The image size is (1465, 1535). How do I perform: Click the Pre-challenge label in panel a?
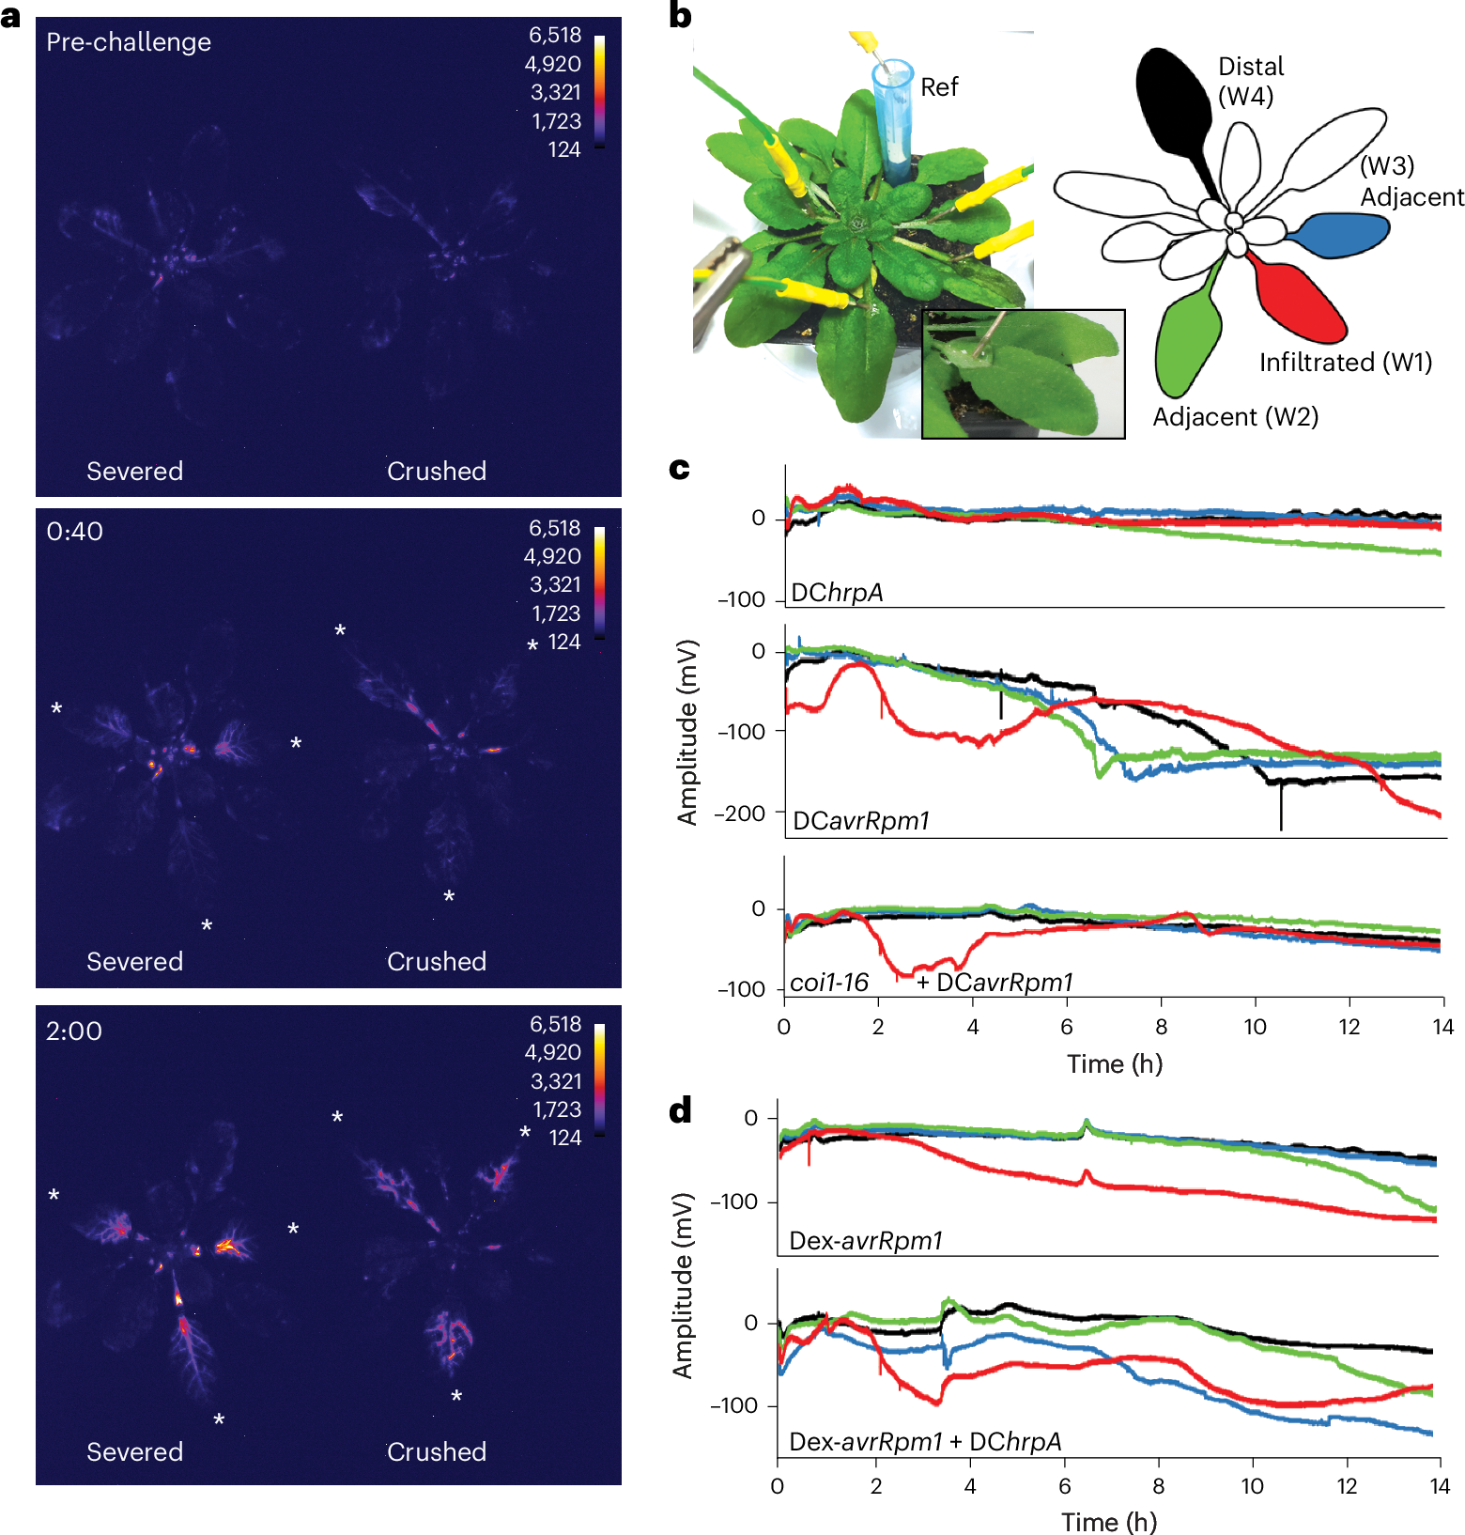coord(129,42)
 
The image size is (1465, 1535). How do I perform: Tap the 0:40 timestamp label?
coord(74,532)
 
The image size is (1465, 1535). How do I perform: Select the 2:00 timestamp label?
coord(73,1031)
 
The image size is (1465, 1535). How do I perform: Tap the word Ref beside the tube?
coord(939,87)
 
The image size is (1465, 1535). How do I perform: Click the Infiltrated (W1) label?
coord(1345,363)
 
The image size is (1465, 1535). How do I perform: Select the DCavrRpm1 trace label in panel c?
coord(860,821)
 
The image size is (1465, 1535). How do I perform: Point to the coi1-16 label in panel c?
coord(829,983)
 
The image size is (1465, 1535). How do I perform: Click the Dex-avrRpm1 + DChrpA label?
coord(925,1442)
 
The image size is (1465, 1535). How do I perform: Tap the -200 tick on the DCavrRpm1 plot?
coord(739,814)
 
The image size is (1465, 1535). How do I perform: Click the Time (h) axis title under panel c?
coord(1114,1064)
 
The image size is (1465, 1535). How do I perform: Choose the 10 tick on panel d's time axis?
coord(1252,1486)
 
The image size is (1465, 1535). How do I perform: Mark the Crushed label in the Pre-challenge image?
coord(437,472)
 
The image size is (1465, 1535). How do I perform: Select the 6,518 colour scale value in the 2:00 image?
coord(555,1024)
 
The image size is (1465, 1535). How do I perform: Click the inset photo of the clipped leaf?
coord(1023,374)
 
